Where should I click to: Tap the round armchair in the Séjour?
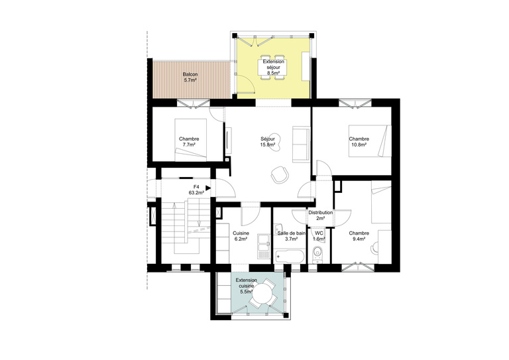[x=278, y=174]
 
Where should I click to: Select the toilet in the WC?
[x=318, y=253]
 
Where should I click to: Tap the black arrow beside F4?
[x=208, y=188]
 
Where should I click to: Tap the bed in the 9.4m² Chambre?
[x=381, y=206]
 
